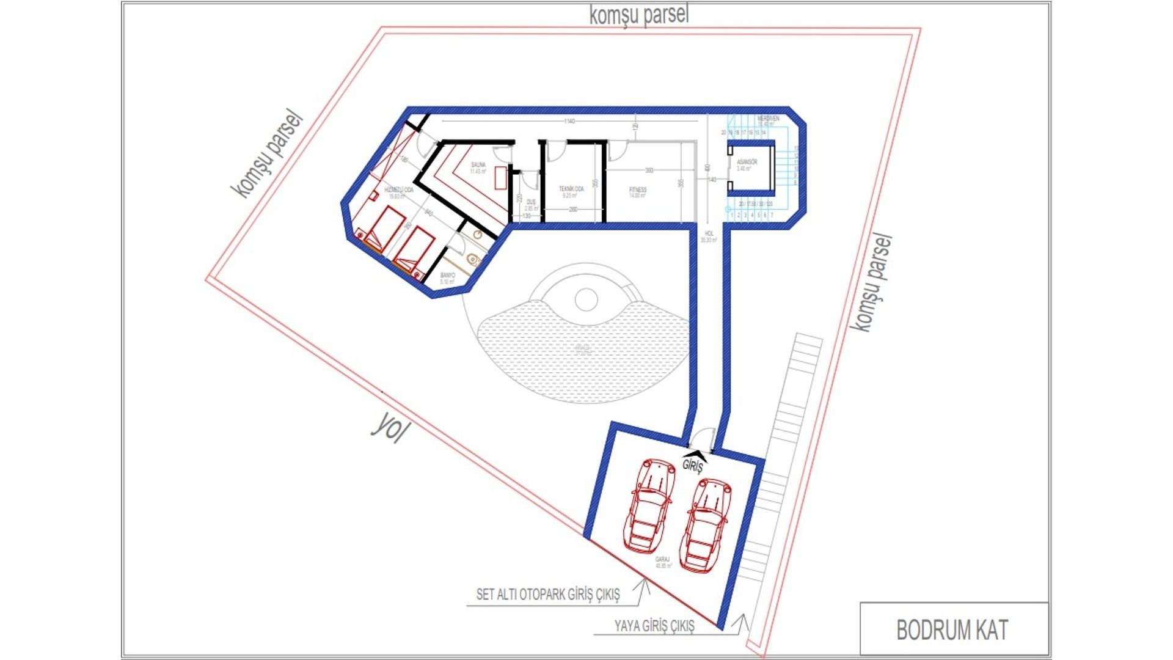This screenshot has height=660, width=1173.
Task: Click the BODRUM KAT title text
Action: coord(952,630)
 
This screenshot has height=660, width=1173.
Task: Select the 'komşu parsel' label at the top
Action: coord(638,15)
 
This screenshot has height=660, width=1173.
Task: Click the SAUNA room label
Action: coord(478,165)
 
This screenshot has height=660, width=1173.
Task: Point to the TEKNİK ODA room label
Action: coord(571,189)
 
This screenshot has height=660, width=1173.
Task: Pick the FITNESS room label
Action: coord(637,190)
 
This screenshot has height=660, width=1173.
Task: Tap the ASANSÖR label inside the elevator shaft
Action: coord(747,163)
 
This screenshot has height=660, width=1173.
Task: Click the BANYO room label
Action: coord(448,276)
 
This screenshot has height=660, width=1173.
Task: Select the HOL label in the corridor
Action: coord(709,234)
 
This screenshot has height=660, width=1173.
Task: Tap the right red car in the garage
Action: coord(706,524)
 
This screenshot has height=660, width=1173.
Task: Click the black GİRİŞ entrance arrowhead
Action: coord(697,455)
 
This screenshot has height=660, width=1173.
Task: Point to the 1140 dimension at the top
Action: coord(569,122)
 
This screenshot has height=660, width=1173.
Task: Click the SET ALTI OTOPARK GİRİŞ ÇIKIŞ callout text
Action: coord(548,594)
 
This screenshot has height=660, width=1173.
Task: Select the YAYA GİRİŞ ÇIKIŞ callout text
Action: coord(654,626)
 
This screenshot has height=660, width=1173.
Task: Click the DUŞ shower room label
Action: coord(531,202)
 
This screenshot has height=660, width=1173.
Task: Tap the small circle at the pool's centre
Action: coord(586,299)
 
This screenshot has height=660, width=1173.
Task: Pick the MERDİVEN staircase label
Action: coord(768,119)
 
